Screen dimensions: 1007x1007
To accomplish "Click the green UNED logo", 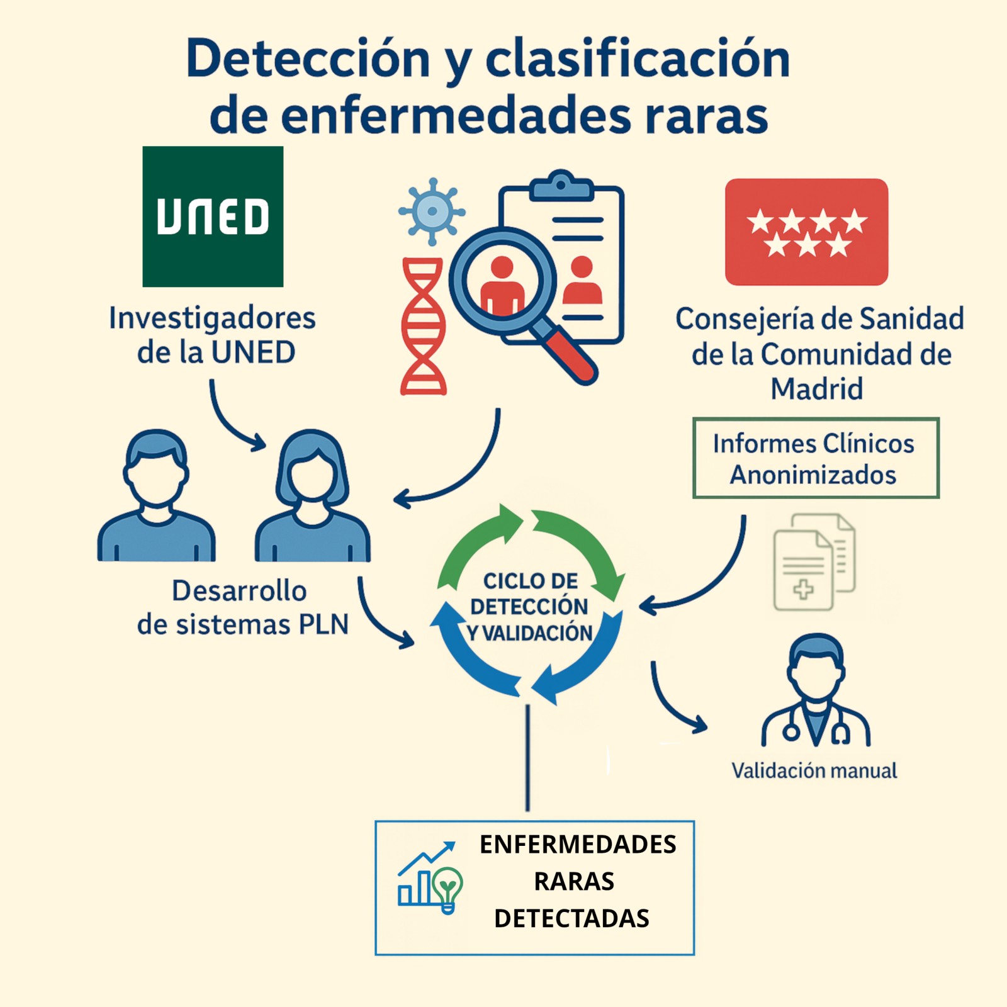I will tap(213, 217).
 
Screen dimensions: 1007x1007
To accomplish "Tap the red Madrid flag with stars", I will tap(806, 232).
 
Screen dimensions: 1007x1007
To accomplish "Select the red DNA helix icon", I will tap(424, 326).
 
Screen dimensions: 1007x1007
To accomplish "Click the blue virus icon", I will tap(432, 211).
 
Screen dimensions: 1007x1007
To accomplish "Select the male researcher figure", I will tap(156, 497).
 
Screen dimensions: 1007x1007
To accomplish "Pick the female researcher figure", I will tap(312, 497).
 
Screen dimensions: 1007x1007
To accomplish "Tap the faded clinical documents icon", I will tap(814, 562).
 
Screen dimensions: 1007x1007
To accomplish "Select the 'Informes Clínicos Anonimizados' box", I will tap(816, 458).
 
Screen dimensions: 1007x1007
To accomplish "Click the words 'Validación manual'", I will tap(814, 770).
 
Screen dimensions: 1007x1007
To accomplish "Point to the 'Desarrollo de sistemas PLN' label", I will tap(242, 607).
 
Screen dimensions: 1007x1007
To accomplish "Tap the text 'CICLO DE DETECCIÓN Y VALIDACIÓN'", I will tap(530, 607).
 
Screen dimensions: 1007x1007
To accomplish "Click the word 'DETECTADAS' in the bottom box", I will tap(571, 918).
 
